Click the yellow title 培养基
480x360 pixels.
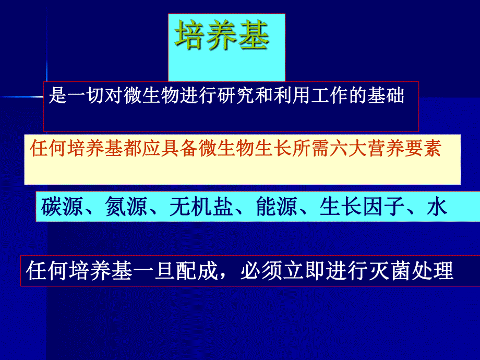coord(222,36)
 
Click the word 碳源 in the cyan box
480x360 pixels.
coord(62,207)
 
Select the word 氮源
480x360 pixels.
coord(126,207)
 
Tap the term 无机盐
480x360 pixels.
coord(201,207)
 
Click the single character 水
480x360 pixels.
coord(437,207)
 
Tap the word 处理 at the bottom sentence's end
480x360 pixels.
coord(433,272)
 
